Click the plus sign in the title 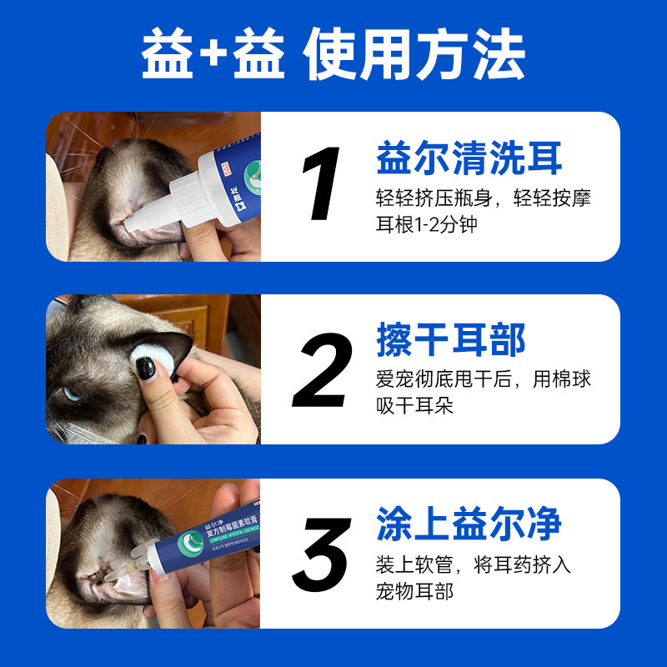pyautogui.click(x=215, y=57)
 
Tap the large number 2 pyautogui.click(x=321, y=371)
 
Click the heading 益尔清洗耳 pyautogui.click(x=469, y=158)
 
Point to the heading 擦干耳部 pyautogui.click(x=451, y=342)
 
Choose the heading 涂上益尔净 pyautogui.click(x=469, y=524)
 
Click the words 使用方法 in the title pyautogui.click(x=414, y=57)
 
